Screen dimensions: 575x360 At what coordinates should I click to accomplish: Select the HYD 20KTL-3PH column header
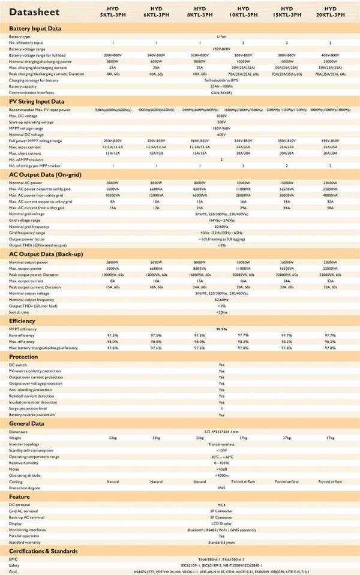(330, 12)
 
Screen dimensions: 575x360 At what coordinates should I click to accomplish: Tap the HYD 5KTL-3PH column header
(113, 12)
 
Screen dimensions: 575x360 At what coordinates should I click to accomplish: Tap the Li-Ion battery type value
(221, 37)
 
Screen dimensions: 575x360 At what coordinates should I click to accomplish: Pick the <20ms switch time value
(221, 312)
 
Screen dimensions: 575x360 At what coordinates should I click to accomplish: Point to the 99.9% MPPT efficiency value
(221, 329)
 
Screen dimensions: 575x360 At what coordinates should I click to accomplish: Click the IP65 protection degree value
(221, 487)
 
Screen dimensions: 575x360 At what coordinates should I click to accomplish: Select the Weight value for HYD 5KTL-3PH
(113, 438)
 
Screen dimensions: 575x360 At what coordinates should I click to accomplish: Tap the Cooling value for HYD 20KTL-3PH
(330, 481)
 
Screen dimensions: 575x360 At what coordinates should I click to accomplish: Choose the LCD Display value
(221, 522)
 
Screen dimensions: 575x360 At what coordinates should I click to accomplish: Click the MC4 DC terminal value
(221, 504)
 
